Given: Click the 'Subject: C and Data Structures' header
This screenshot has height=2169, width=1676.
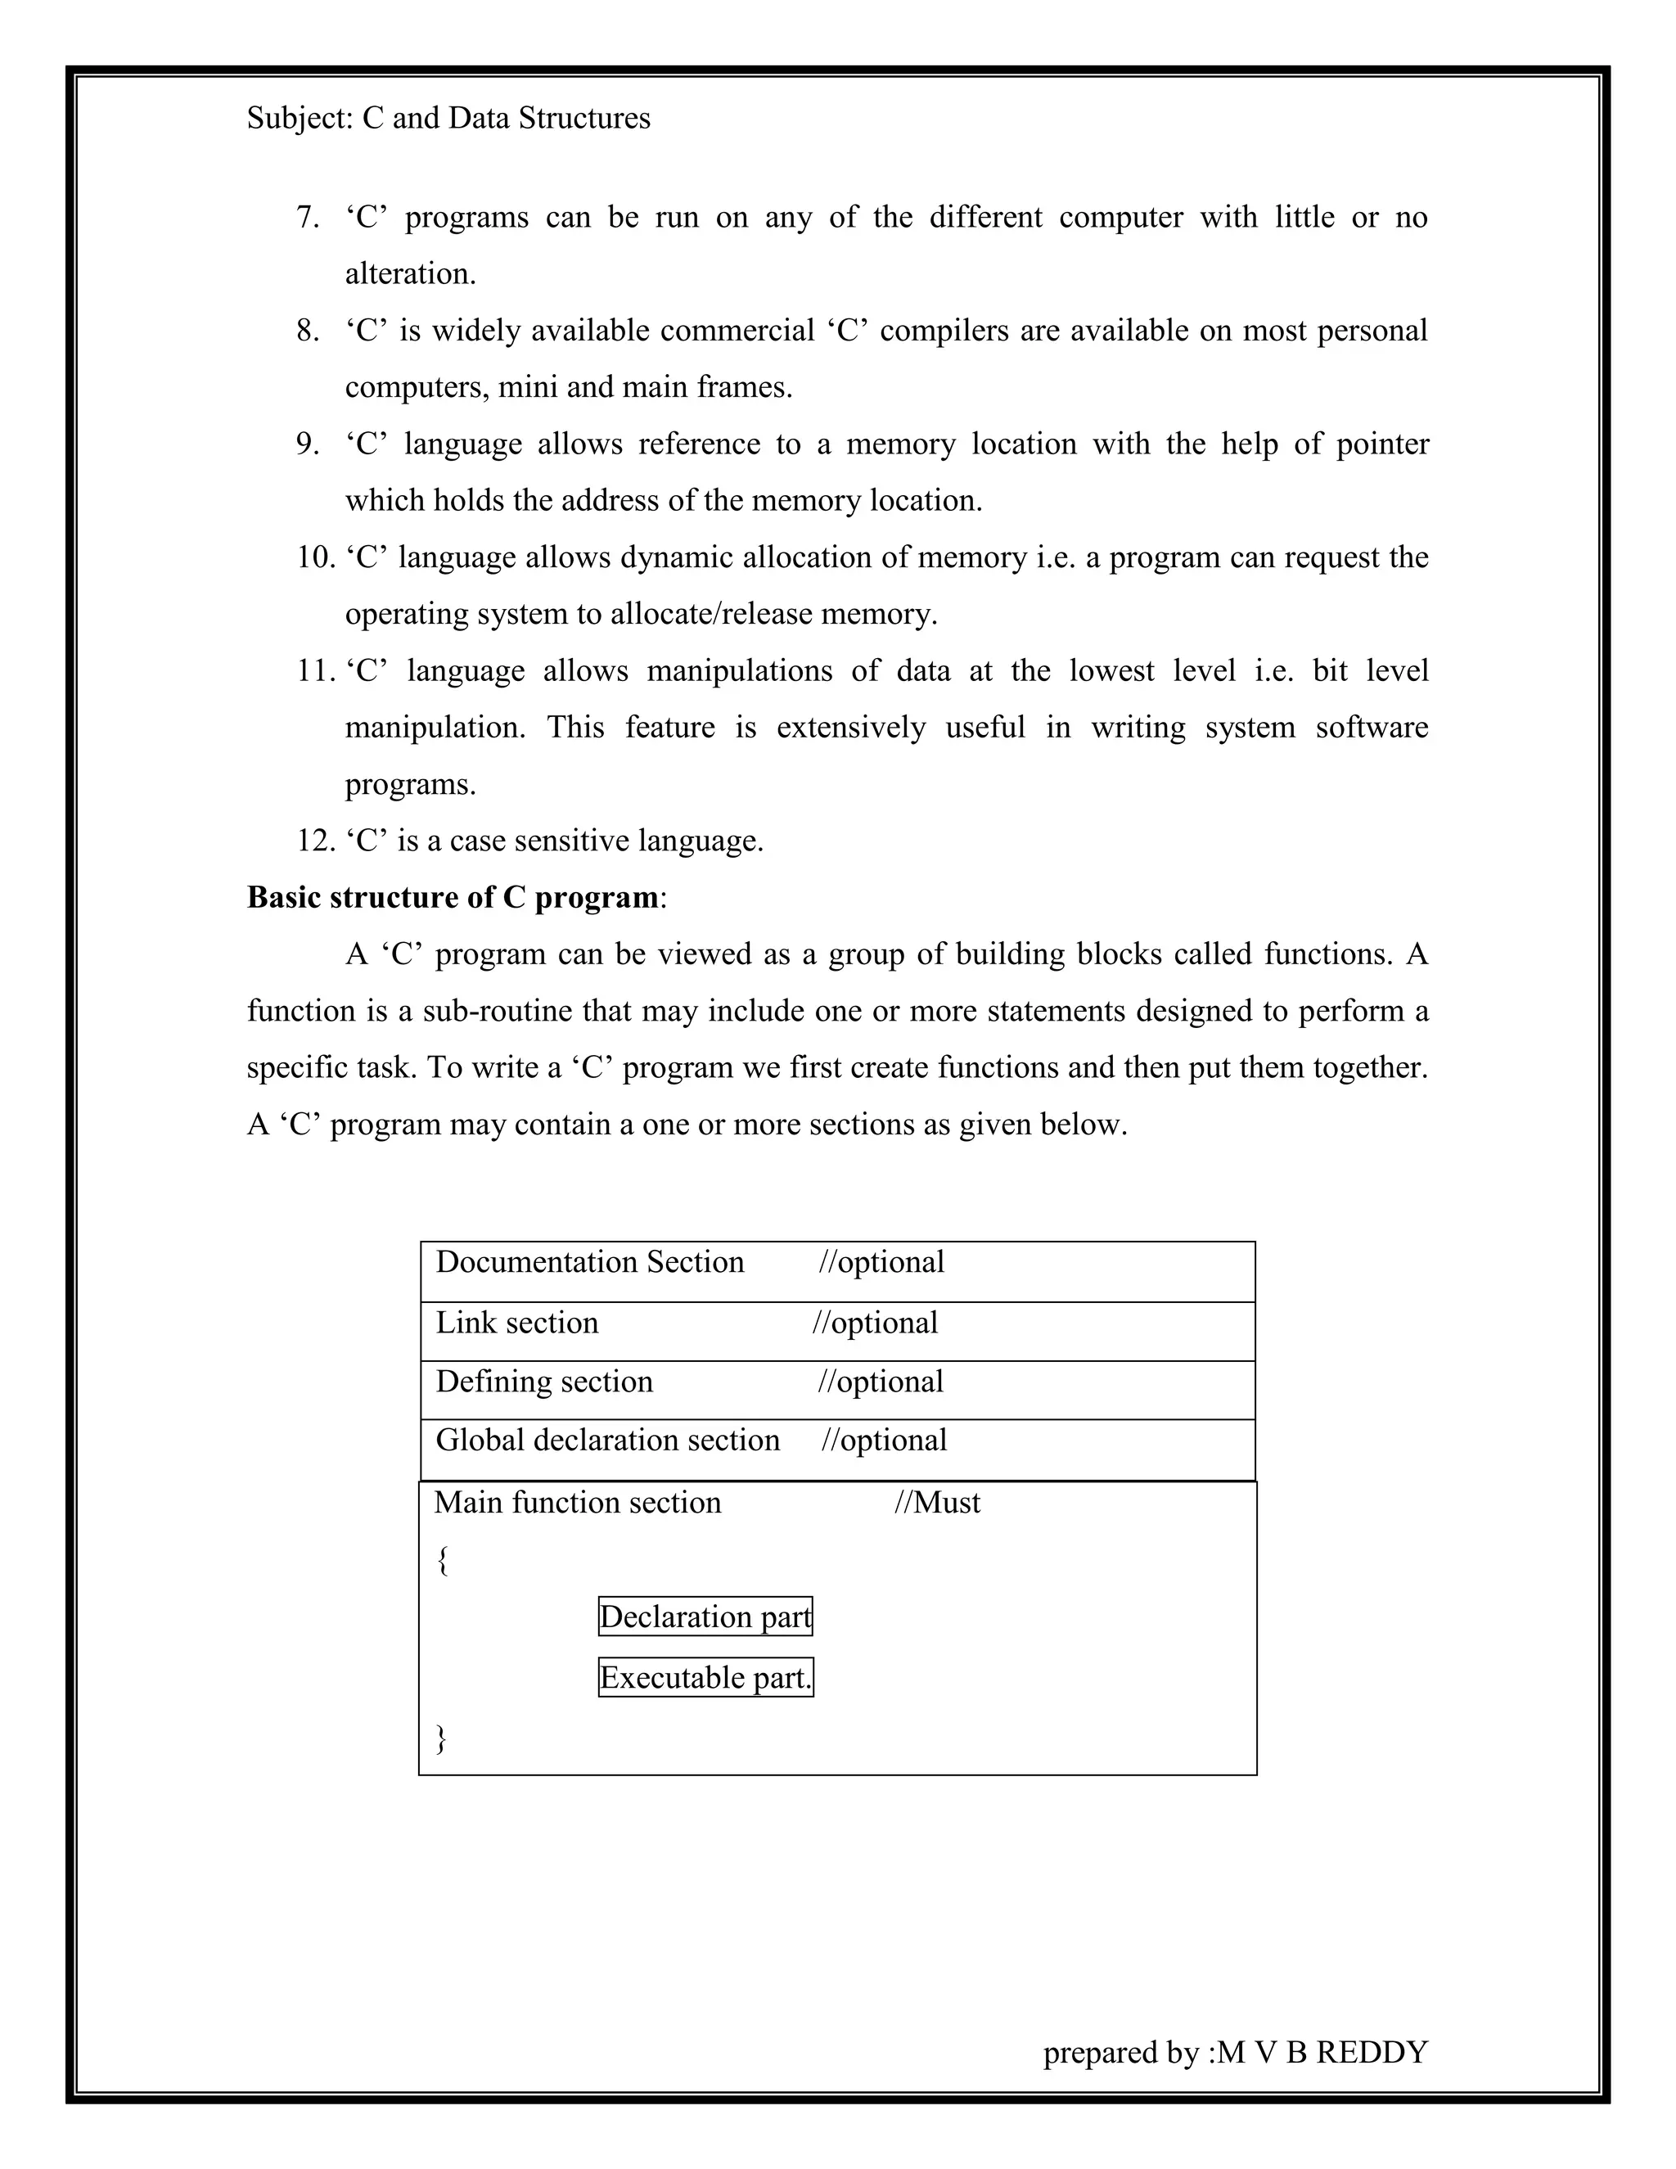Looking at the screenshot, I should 448,118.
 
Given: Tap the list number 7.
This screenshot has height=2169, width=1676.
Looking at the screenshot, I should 307,218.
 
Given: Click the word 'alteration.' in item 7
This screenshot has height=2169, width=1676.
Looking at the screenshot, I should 410,274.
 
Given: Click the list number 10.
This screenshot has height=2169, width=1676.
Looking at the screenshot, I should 316,557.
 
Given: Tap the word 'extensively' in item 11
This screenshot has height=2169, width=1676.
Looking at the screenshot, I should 851,727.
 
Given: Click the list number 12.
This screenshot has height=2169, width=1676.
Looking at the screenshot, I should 316,841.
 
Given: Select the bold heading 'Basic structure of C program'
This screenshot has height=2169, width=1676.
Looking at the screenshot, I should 453,898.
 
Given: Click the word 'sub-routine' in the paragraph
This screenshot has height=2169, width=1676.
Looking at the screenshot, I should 498,1011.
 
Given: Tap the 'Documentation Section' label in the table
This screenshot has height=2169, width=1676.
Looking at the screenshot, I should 590,1262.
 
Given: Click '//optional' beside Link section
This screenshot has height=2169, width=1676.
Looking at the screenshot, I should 875,1323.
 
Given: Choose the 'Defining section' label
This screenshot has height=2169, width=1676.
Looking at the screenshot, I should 544,1382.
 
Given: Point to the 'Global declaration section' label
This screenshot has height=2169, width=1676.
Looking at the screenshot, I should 608,1440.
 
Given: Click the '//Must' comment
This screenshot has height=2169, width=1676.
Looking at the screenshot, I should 936,1502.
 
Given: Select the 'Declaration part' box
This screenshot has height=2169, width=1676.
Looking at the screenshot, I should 705,1617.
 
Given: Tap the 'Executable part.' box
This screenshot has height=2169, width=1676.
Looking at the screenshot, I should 705,1677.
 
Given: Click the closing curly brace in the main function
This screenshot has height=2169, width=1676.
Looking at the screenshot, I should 442,1738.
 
